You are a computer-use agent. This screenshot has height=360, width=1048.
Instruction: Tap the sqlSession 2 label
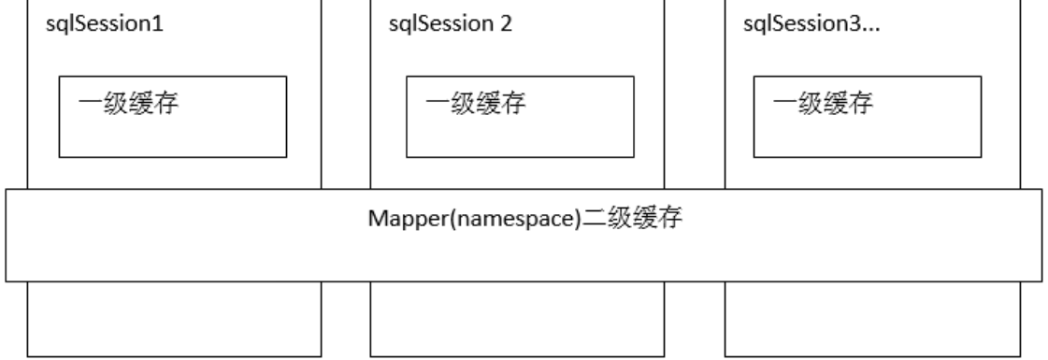pyautogui.click(x=450, y=23)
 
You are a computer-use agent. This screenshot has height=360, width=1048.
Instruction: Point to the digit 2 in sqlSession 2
pyautogui.click(x=507, y=23)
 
